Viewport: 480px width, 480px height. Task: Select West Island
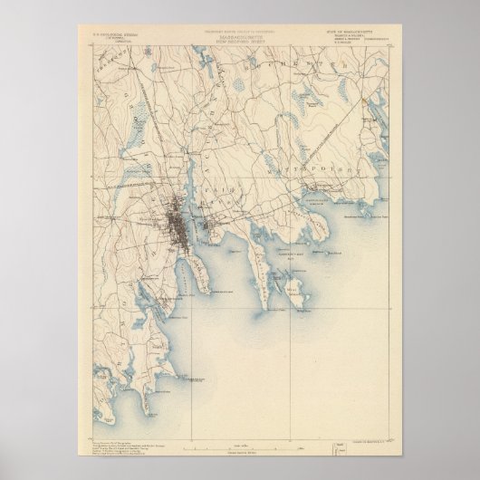(294, 293)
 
